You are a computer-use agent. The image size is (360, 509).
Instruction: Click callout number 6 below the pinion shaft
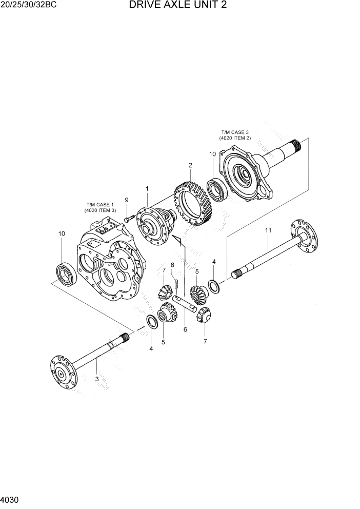click(185, 330)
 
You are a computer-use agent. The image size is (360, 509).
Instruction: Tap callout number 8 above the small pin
click(172, 265)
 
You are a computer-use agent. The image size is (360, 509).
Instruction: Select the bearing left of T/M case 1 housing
click(67, 272)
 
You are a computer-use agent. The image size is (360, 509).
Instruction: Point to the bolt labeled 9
click(128, 219)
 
